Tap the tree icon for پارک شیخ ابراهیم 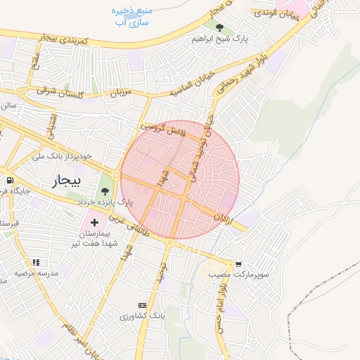pos(221,28)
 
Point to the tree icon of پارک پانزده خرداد pos(105,191)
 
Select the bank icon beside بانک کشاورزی pos(143,305)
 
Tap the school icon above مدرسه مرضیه pos(36,262)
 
